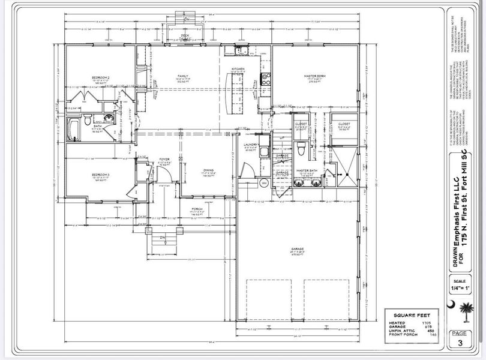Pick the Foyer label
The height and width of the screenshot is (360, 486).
coord(163,161)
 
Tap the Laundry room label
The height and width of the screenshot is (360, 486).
coord(250,145)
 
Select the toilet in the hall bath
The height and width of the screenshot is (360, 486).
coord(88,120)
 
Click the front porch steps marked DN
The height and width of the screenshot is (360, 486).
coord(162,241)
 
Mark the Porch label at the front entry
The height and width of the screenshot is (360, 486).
coord(198,212)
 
